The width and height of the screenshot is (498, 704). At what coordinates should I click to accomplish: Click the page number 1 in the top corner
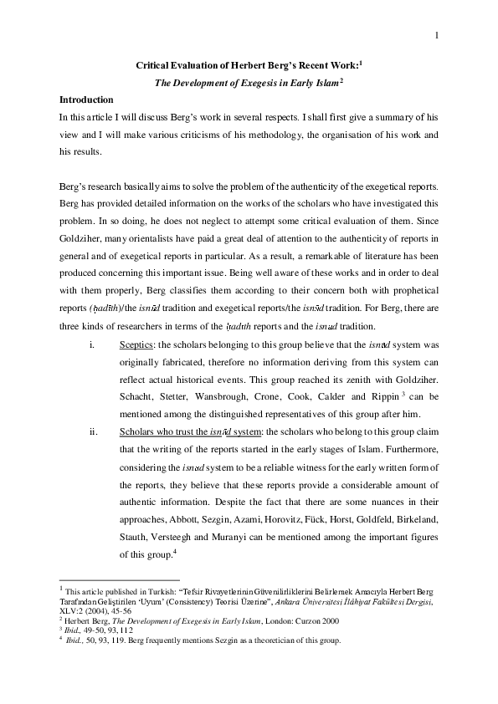pos(437,35)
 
